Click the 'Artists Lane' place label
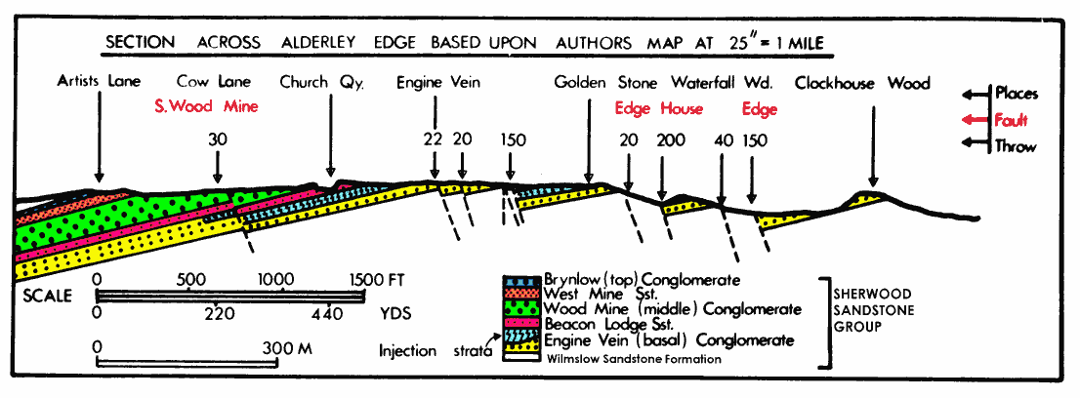(x=99, y=82)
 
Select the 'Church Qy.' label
(x=321, y=82)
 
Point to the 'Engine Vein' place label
(x=438, y=82)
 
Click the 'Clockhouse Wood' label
(x=862, y=83)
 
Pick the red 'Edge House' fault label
(x=659, y=108)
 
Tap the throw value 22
(x=435, y=139)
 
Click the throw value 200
(x=671, y=139)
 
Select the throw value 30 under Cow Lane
(x=218, y=139)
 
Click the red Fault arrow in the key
(x=973, y=120)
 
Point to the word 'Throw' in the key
(x=1016, y=146)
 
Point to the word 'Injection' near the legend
(x=408, y=350)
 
